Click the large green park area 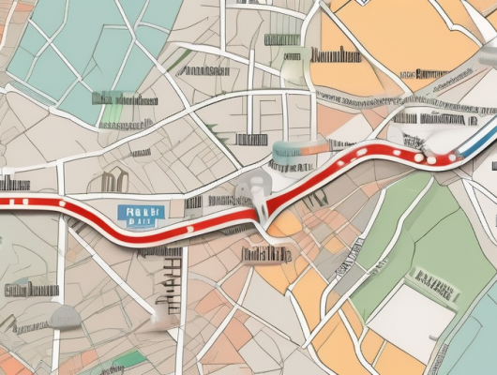click(413, 234)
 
